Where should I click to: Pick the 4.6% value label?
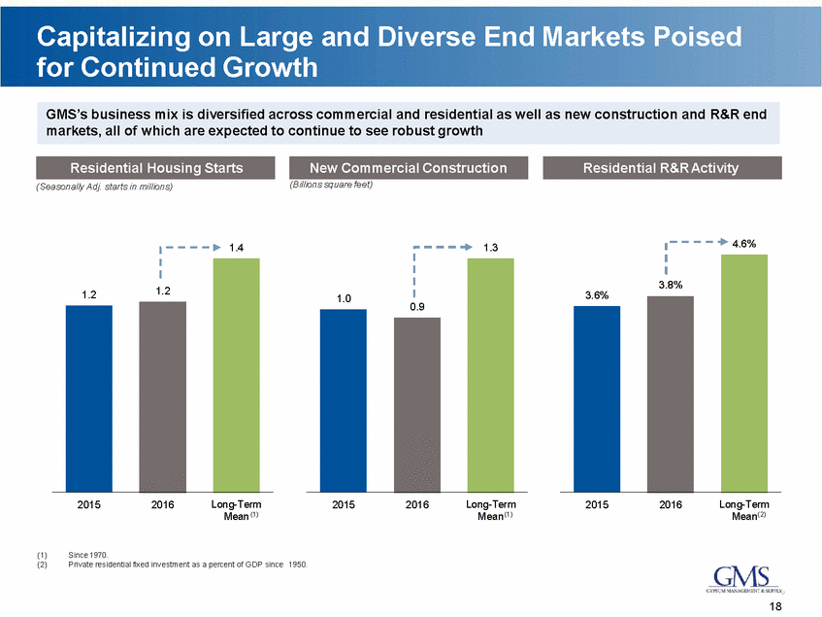click(744, 243)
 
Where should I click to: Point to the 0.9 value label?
click(417, 307)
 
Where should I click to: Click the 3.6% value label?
click(597, 294)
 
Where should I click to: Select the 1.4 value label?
click(237, 248)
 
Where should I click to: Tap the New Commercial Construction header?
click(411, 168)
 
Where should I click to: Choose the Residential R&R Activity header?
click(661, 168)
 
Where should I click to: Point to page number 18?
click(774, 606)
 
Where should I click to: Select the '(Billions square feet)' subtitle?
click(332, 185)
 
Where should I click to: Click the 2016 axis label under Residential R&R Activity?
click(671, 505)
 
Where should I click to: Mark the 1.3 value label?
click(491, 248)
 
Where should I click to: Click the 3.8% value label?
click(671, 285)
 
